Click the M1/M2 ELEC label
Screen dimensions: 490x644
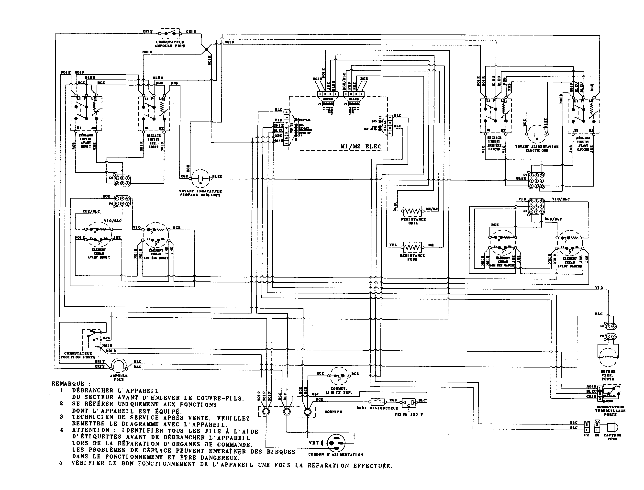click(361, 147)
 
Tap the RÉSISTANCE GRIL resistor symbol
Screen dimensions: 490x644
click(413, 211)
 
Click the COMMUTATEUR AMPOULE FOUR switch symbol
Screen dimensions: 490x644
click(170, 33)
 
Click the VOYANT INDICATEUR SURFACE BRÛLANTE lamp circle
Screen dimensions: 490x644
click(201, 178)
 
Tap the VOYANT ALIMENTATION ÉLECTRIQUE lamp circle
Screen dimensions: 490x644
click(537, 135)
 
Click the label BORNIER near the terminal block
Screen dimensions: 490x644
click(333, 412)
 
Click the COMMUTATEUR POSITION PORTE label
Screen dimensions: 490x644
click(78, 355)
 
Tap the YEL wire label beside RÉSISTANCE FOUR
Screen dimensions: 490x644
click(393, 245)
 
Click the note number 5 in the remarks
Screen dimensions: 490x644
click(61, 463)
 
